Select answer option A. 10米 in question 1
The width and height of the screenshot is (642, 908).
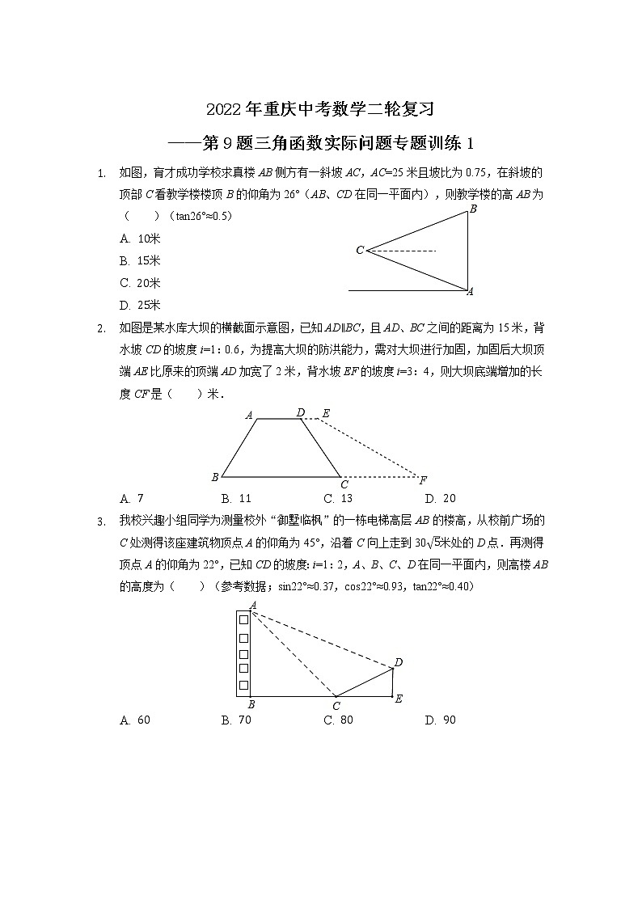coord(140,239)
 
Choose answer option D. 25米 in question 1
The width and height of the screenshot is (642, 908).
coord(140,305)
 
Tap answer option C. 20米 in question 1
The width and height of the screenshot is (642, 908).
coord(140,283)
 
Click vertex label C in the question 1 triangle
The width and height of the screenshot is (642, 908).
coord(360,251)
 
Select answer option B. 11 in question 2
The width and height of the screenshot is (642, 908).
coord(236,498)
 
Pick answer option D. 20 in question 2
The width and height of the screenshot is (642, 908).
coord(441,498)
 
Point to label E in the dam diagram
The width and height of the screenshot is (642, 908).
coord(326,413)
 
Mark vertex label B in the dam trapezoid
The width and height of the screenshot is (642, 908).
coord(214,477)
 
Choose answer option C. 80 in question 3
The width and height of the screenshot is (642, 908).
coord(338,720)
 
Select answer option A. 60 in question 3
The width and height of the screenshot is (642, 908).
coord(134,720)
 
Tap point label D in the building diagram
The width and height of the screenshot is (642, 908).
coord(398,663)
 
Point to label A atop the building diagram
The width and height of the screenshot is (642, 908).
coord(253,605)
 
